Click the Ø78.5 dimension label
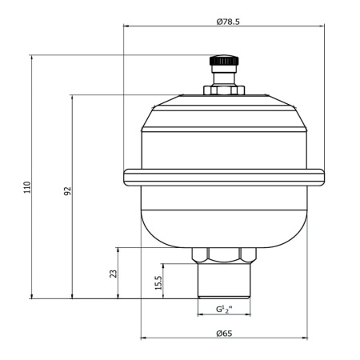coord(228,22)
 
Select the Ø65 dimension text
coord(224,334)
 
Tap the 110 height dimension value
coord(27,187)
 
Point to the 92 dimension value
coord(68,191)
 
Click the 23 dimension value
coord(114,274)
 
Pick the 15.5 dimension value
coord(158,282)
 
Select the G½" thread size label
coord(224,310)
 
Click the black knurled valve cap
coord(224,61)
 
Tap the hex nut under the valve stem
coord(224,90)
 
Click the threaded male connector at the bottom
coord(224,281)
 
